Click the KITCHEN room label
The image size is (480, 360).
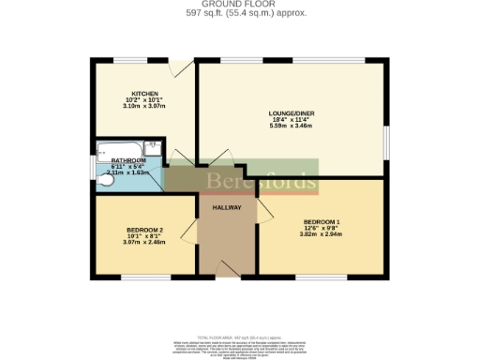pos(144,94)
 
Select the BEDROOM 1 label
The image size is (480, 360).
pos(322,221)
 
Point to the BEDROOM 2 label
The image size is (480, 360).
pos(145,231)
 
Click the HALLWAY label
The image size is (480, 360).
pos(227,207)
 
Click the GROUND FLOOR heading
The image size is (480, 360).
pos(240,4)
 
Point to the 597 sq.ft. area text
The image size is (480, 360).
pos(240,13)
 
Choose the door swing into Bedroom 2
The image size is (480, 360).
pos(191,230)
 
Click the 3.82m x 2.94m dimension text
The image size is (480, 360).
pos(322,234)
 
